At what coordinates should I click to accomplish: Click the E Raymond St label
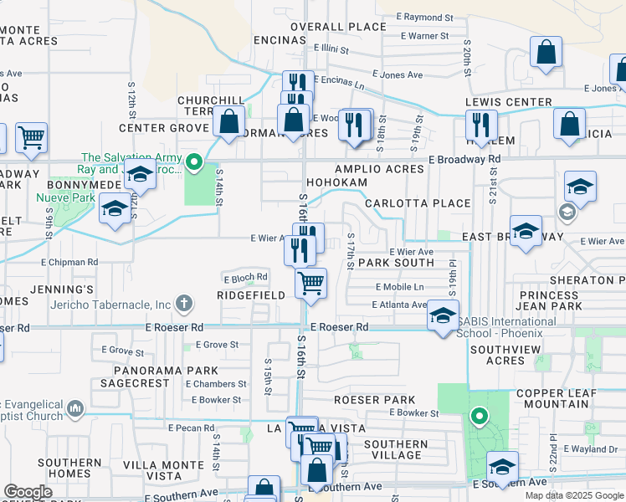(x=424, y=17)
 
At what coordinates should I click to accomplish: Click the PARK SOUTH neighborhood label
(x=397, y=263)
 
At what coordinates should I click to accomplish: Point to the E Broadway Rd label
(x=464, y=159)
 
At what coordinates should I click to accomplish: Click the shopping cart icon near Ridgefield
(x=311, y=284)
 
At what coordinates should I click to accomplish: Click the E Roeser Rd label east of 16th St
(x=339, y=327)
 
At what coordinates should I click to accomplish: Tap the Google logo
(x=28, y=492)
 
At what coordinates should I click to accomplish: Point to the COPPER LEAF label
(x=557, y=393)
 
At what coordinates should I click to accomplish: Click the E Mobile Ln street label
(x=399, y=287)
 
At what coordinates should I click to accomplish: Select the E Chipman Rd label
(x=69, y=262)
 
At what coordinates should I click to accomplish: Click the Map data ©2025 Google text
(x=573, y=495)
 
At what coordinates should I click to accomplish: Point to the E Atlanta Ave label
(x=399, y=305)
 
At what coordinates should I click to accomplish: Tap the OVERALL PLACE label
(x=339, y=27)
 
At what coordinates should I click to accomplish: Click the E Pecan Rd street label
(x=192, y=428)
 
